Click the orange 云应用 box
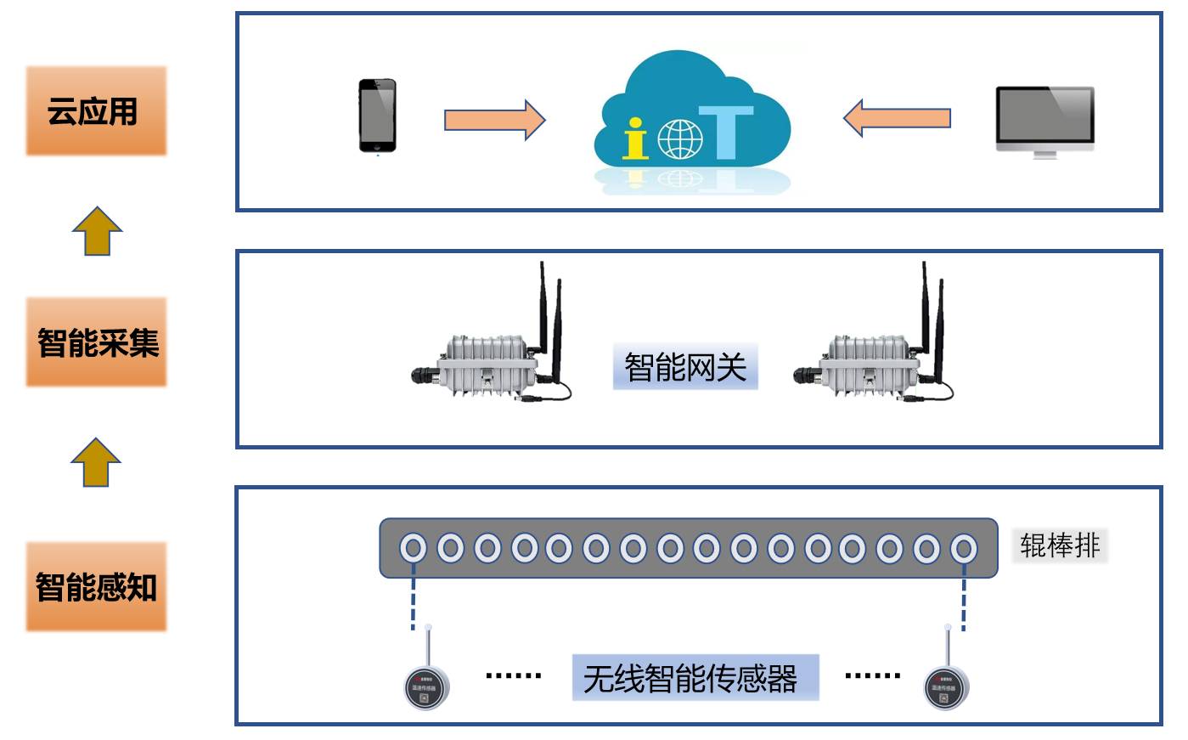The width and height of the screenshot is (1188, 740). (96, 111)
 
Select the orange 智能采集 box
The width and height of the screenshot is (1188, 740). (96, 342)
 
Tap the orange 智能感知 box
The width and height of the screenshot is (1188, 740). (96, 586)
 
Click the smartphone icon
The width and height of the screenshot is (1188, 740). (377, 116)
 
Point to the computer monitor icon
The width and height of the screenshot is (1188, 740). (1044, 121)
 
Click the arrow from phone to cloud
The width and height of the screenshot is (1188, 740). (494, 120)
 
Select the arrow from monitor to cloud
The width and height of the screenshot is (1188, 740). (897, 118)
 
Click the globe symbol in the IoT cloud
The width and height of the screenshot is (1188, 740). (680, 139)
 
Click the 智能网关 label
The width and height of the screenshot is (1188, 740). (685, 367)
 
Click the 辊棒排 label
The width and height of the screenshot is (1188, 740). (1060, 545)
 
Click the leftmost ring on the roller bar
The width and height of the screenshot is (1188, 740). (414, 548)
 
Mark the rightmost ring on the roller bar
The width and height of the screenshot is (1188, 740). (963, 548)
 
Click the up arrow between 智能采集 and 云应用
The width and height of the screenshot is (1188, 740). (97, 231)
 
